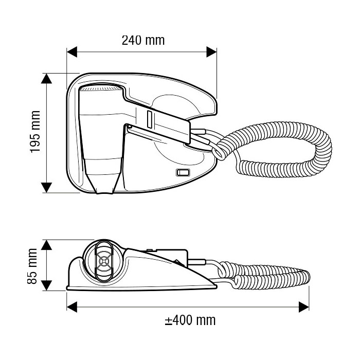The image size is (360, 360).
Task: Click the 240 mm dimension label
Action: (143, 41)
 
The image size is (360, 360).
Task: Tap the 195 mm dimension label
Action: (35, 132)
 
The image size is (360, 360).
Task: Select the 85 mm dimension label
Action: (32, 266)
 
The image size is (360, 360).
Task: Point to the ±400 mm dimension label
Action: (190, 320)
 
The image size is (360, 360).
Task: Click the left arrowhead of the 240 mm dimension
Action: (71, 52)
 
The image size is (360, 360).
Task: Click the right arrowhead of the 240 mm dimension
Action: (211, 52)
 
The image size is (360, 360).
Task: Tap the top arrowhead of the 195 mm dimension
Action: (47, 79)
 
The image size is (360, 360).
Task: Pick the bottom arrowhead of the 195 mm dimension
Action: (47, 188)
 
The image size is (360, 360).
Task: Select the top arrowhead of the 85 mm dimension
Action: (47, 245)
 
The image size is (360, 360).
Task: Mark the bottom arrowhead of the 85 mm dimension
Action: (47, 285)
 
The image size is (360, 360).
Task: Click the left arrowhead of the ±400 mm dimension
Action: (72, 307)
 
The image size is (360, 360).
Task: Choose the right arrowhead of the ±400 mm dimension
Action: (304, 307)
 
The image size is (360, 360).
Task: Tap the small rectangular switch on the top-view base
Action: (183, 172)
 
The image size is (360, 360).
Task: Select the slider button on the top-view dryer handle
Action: (150, 119)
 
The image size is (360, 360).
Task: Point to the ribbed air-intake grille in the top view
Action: (101, 88)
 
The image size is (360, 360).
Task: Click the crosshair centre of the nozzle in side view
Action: (104, 261)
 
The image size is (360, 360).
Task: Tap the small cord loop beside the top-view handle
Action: (219, 153)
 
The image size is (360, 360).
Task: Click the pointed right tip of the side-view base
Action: (216, 286)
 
